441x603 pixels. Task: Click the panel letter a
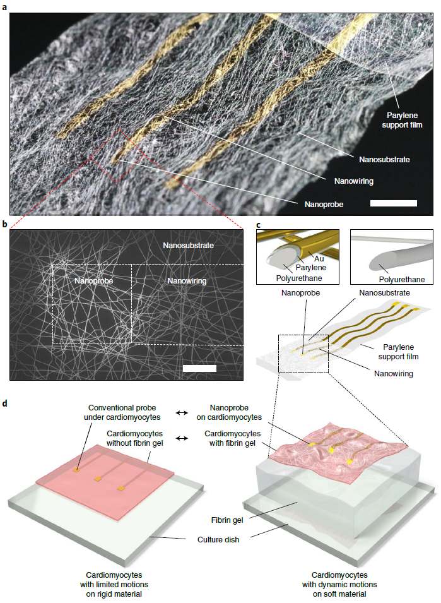(x=4, y=6)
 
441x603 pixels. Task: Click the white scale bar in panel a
(x=393, y=203)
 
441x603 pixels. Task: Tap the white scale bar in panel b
(x=200, y=368)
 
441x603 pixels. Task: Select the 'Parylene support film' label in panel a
(x=402, y=120)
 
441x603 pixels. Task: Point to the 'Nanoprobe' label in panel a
(x=324, y=204)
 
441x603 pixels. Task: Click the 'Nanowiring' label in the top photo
(x=354, y=181)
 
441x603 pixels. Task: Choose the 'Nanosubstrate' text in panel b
(x=188, y=246)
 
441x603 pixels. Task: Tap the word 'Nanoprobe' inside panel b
(x=94, y=281)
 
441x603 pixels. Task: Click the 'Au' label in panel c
(x=319, y=259)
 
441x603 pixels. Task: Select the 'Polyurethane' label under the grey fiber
(x=402, y=280)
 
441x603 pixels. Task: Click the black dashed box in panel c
(x=303, y=354)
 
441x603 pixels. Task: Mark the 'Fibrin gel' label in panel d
(x=227, y=520)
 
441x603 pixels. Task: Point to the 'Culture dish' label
(x=218, y=540)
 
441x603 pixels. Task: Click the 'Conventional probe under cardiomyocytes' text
(x=122, y=412)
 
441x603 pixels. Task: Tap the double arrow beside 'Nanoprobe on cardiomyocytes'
(x=182, y=413)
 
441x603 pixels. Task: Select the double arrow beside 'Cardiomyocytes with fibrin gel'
(x=182, y=438)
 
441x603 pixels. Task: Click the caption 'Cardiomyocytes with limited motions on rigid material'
(x=114, y=585)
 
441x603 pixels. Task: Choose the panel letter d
(x=4, y=404)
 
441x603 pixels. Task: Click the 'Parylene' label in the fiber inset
(x=311, y=268)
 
